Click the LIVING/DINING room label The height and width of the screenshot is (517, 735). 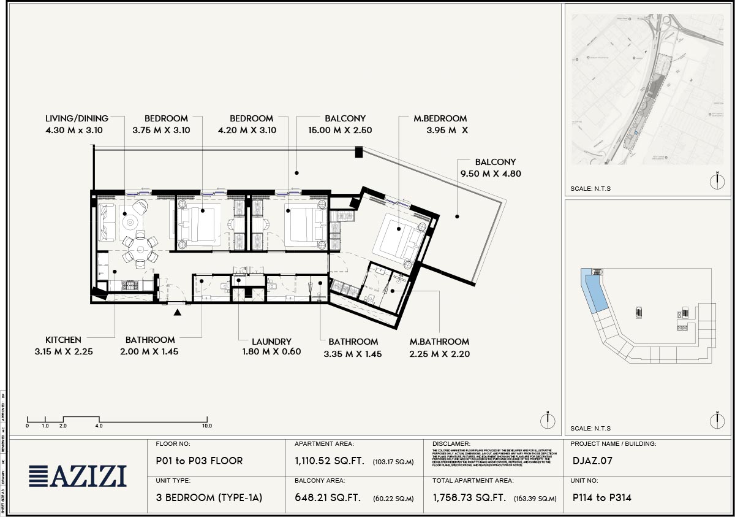tap(77, 118)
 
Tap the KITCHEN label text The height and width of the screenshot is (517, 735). tap(63, 340)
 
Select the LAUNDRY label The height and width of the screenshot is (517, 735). tap(271, 342)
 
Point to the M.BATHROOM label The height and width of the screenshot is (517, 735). tap(440, 342)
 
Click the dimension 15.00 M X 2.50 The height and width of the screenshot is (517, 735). tap(340, 130)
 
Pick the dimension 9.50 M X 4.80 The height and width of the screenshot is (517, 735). tap(489, 174)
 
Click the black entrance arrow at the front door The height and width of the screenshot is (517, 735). tap(178, 313)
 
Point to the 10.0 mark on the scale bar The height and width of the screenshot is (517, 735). tap(207, 426)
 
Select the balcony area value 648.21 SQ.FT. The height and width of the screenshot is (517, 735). tap(327, 498)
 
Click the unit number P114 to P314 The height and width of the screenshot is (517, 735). tap(601, 498)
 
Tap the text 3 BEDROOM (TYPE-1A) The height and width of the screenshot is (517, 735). tap(209, 498)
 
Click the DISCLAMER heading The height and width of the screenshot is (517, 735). tap(451, 443)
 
